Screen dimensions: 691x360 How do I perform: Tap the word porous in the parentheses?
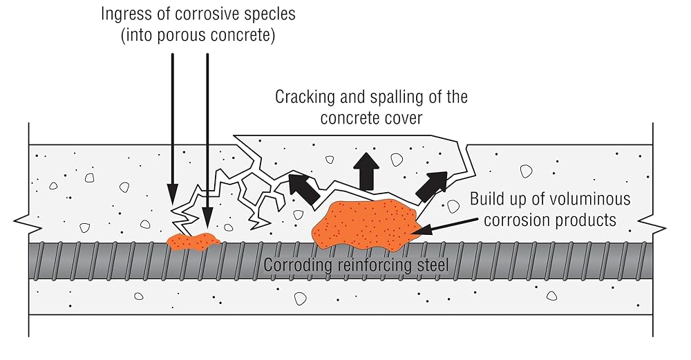coord(180,35)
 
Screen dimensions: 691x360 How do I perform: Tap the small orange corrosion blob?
coord(193,241)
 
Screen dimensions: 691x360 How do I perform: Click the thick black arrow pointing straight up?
coord(366,171)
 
